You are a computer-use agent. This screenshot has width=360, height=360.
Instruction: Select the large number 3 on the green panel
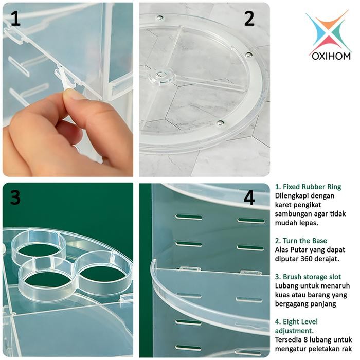15,197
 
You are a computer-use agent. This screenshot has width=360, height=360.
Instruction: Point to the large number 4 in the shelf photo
249,197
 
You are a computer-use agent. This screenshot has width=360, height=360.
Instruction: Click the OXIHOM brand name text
331,55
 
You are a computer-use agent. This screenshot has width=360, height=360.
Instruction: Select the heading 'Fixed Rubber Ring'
308,187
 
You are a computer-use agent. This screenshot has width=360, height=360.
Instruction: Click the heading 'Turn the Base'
301,241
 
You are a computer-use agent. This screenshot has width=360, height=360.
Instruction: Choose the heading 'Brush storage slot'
308,277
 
